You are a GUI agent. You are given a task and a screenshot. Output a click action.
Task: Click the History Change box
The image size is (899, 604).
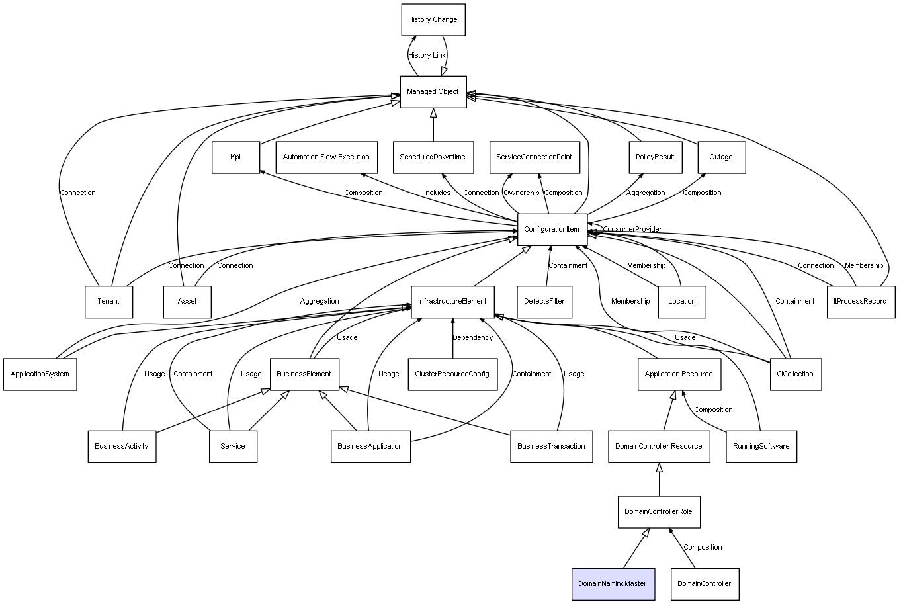tap(433, 20)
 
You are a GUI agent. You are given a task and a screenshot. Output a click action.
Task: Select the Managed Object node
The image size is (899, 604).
tap(433, 92)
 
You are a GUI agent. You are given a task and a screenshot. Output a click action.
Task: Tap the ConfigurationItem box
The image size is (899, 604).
tap(552, 230)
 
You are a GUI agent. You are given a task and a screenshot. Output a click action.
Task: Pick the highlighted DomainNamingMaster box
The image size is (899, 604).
tap(613, 584)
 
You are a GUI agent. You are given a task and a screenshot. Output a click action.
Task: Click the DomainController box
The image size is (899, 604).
tap(704, 584)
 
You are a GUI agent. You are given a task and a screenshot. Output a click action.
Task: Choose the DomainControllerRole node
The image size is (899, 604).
tap(658, 512)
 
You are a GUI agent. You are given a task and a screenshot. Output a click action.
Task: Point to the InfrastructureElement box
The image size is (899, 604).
tap(452, 302)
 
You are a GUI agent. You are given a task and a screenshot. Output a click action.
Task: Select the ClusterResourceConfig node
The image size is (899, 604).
tap(452, 374)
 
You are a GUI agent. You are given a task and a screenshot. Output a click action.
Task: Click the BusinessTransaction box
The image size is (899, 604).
tap(551, 447)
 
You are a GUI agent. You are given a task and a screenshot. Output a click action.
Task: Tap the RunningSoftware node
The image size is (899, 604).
tap(761, 447)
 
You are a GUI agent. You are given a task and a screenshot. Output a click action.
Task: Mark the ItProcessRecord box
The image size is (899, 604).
tap(860, 302)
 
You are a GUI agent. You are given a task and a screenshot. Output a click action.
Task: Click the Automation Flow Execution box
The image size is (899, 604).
tap(326, 157)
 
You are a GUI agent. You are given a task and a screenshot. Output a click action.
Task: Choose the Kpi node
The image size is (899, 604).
tap(235, 157)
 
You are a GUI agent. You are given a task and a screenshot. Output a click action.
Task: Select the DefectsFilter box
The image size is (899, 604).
tap(544, 302)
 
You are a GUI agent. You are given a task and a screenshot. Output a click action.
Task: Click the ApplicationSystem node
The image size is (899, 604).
tap(40, 374)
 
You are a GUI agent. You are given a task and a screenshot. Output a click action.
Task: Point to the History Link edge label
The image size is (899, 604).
tap(427, 56)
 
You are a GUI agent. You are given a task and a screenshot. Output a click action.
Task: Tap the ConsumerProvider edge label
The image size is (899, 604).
tap(632, 230)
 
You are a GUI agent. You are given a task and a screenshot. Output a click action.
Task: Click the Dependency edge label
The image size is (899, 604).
tap(472, 338)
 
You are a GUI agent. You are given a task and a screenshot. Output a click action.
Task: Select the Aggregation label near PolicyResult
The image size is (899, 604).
tap(646, 193)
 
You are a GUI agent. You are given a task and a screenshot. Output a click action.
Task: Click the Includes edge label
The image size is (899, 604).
tap(437, 193)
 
